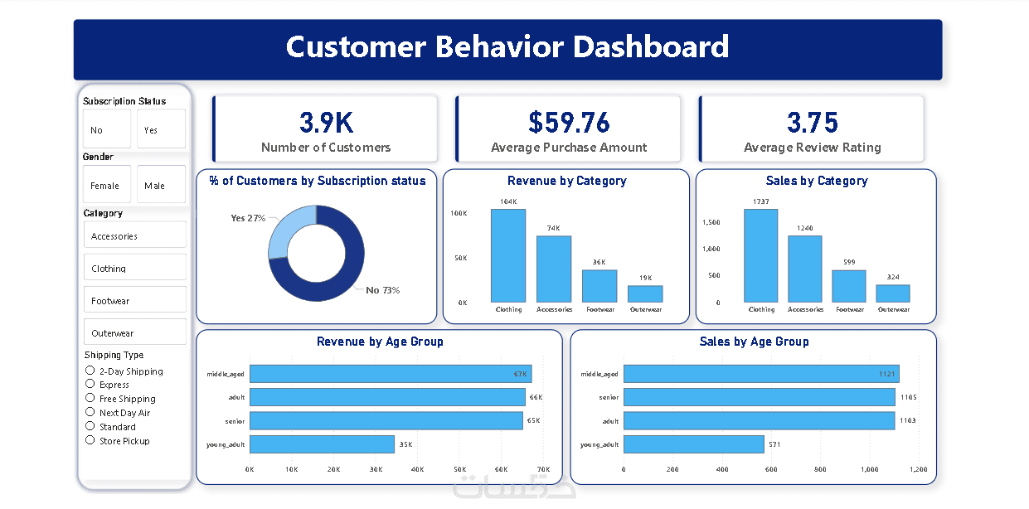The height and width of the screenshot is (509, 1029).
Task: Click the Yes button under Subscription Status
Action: (x=161, y=129)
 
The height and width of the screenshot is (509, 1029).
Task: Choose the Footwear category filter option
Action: (x=135, y=301)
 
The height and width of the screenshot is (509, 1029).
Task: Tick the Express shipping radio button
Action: (x=90, y=384)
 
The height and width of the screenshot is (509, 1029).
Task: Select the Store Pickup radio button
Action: (x=90, y=440)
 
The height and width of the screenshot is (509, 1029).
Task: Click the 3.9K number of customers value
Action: (x=326, y=123)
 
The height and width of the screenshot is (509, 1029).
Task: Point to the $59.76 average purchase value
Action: (x=569, y=123)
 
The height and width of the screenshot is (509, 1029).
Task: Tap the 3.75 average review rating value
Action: (x=813, y=123)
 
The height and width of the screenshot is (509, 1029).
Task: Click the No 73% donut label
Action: (x=383, y=290)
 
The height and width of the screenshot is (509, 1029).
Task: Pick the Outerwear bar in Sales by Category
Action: (x=893, y=293)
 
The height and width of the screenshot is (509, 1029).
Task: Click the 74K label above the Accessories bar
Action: (x=553, y=228)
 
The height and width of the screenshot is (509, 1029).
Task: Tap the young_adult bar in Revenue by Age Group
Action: (x=322, y=444)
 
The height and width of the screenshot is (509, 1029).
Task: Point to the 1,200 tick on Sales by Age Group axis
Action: (x=918, y=469)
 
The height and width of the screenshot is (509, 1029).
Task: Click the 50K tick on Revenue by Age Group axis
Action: (x=459, y=469)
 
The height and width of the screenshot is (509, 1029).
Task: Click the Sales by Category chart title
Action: (x=817, y=181)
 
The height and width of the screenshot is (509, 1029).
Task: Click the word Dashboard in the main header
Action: (x=651, y=46)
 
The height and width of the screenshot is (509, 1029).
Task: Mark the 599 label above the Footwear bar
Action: (x=849, y=262)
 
